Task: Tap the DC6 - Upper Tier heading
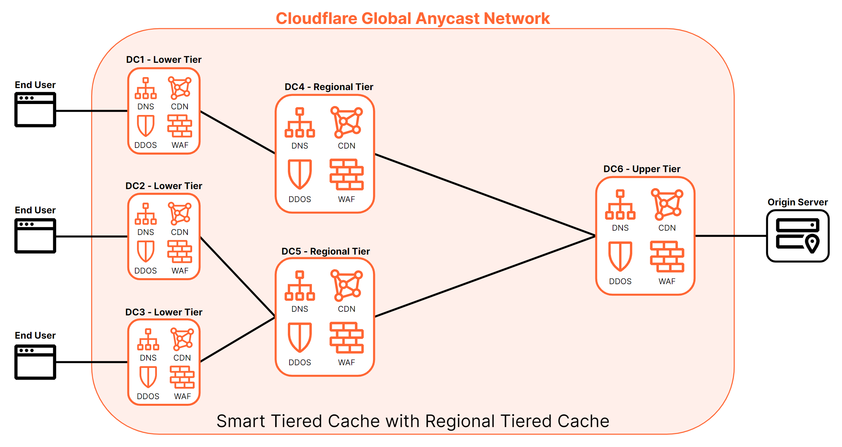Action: click(642, 169)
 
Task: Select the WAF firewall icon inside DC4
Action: click(346, 174)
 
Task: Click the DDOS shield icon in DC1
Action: click(146, 126)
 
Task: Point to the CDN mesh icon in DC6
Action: click(666, 204)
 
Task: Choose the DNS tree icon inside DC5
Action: click(300, 286)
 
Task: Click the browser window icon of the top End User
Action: click(35, 110)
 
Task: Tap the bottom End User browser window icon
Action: click(35, 362)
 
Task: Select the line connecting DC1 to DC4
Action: click(238, 132)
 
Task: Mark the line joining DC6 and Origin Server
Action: click(731, 236)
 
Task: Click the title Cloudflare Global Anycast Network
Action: click(413, 18)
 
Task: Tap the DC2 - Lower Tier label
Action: click(164, 186)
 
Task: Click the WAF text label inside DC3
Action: click(182, 396)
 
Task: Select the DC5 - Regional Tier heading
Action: click(325, 251)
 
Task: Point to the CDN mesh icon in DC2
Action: click(180, 214)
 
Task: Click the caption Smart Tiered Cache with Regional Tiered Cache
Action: click(413, 421)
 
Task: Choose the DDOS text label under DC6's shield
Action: click(620, 281)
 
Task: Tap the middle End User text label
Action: click(35, 210)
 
